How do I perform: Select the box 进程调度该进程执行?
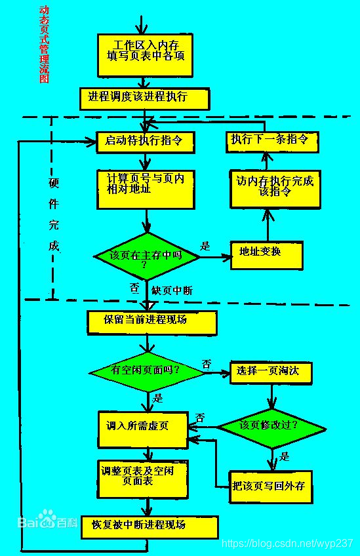coord(144,98)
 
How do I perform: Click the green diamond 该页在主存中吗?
coord(146,256)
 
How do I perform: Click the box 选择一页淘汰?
coord(270,372)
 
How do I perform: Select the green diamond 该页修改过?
coord(271,426)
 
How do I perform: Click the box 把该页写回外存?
coord(270,486)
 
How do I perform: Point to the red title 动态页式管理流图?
coord(44,45)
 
